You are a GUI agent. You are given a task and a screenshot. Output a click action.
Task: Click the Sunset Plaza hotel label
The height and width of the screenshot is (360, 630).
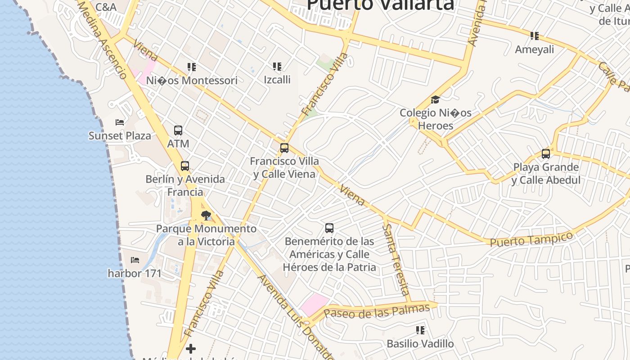[x=120, y=135]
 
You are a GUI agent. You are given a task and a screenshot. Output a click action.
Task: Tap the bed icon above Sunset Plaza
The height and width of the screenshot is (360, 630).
[x=120, y=122]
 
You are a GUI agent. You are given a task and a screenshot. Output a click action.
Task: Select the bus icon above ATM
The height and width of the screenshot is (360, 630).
[x=178, y=130]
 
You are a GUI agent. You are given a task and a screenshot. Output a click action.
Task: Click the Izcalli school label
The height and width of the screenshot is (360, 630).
[x=277, y=80]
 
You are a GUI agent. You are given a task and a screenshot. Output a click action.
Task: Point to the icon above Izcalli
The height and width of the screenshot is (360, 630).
[x=277, y=67]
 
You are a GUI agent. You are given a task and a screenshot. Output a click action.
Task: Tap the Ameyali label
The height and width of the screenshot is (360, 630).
[x=535, y=49]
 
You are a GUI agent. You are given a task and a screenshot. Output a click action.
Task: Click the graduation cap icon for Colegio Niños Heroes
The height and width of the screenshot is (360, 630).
[x=435, y=99]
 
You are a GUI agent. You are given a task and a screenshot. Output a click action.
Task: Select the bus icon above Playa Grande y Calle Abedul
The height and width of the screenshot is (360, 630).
[x=546, y=154]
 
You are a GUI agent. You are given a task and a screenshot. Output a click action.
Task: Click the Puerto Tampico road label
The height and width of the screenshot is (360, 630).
[x=531, y=239]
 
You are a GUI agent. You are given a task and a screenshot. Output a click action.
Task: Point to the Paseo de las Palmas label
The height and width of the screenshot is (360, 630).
[x=377, y=311]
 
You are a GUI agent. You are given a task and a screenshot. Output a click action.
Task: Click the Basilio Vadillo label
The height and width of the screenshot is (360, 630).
[x=420, y=344]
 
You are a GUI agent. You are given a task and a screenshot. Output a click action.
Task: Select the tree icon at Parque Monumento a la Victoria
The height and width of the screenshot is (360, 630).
[x=206, y=216]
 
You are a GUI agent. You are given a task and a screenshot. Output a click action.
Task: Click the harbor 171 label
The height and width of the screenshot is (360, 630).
[x=135, y=273]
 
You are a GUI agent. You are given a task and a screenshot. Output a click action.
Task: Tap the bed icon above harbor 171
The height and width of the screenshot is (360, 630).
[x=135, y=260]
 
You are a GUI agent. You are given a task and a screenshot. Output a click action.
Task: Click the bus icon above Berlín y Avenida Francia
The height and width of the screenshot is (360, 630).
[x=185, y=166]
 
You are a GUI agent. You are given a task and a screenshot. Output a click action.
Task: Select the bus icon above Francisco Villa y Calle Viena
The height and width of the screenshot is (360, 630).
[x=284, y=148]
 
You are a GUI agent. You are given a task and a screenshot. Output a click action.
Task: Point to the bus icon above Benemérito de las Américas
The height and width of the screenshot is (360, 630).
[x=329, y=228]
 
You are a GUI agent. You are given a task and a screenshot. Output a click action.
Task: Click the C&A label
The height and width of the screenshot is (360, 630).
[x=106, y=7]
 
